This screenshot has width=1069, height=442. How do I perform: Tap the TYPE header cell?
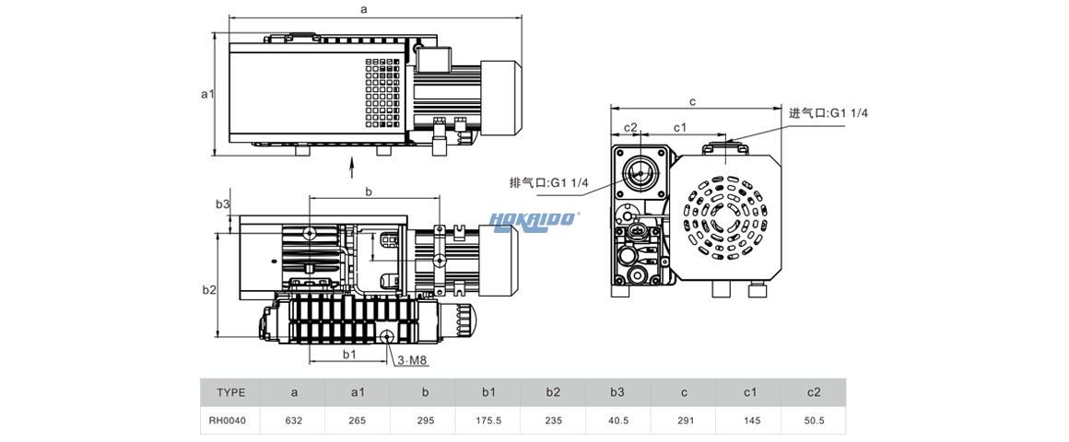tap(230, 392)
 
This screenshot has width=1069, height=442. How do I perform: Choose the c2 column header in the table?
tap(814, 392)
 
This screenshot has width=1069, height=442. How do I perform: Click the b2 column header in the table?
tap(553, 392)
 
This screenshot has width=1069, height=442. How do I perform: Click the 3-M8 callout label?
tap(411, 360)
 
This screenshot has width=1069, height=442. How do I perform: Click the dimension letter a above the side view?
tap(364, 9)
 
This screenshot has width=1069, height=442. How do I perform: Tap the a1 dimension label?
tap(207, 93)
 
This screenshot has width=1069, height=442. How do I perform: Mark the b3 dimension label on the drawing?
tap(222, 204)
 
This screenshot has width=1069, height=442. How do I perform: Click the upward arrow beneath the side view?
tap(353, 167)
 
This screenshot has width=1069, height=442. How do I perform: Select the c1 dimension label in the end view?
tap(680, 126)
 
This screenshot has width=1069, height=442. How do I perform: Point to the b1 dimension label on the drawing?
tap(348, 354)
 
